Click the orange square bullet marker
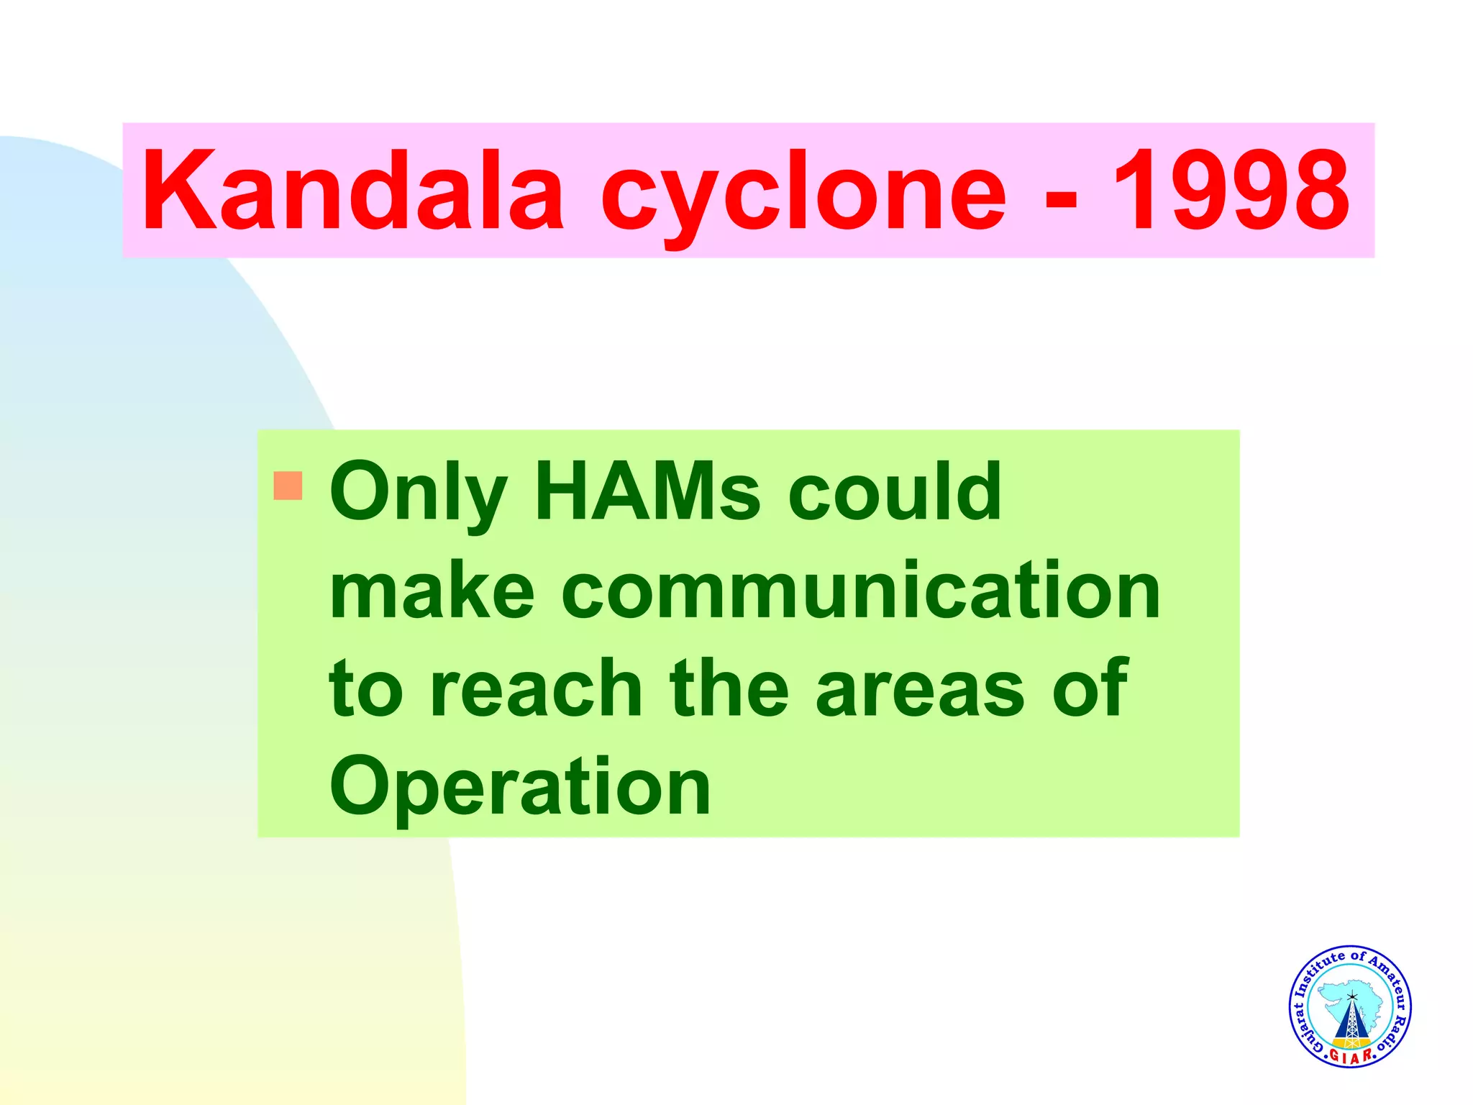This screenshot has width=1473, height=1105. click(288, 486)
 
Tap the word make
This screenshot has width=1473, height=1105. click(432, 591)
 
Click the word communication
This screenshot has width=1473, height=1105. click(861, 591)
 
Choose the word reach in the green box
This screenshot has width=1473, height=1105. click(535, 688)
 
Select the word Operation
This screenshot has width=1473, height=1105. click(520, 787)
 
